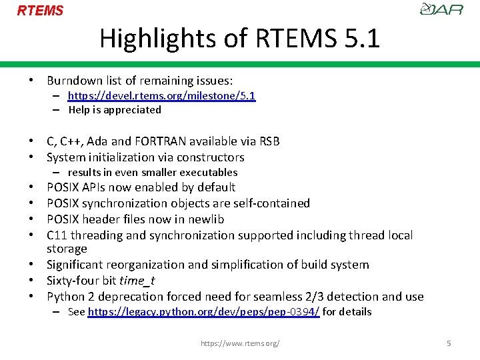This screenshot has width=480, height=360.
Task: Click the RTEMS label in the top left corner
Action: pyautogui.click(x=40, y=11)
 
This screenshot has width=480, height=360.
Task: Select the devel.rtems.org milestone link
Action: pyautogui.click(x=161, y=96)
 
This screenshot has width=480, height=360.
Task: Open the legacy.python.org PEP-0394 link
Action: pyautogui.click(x=203, y=312)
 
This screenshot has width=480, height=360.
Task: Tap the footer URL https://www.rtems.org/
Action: pyautogui.click(x=240, y=343)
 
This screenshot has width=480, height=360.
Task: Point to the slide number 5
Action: pyautogui.click(x=449, y=343)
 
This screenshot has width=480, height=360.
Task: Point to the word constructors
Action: pyautogui.click(x=211, y=157)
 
